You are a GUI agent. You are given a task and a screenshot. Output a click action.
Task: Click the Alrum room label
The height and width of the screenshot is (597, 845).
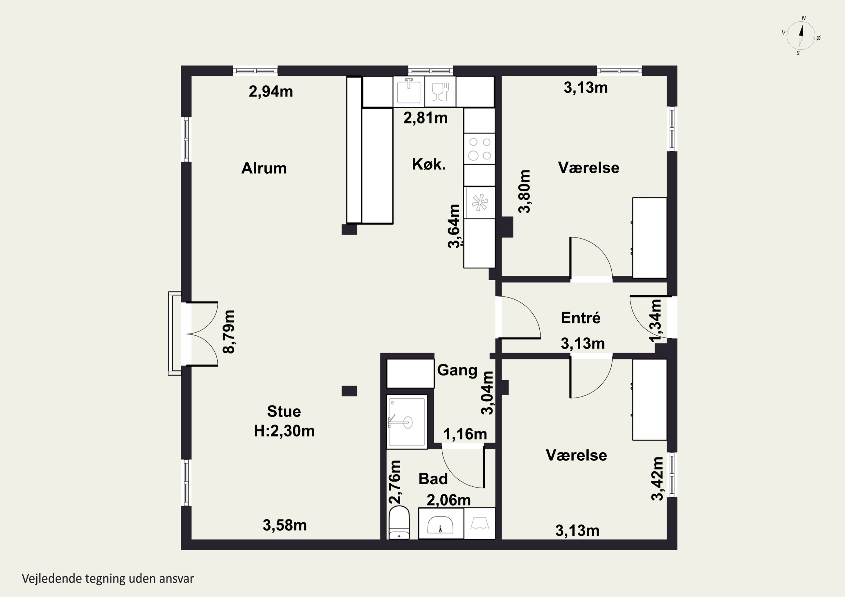(264, 168)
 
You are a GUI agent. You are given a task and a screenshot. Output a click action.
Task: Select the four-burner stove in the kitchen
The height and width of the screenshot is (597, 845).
(479, 149)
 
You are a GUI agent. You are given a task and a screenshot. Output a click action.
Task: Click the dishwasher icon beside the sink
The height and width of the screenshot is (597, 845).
(440, 91)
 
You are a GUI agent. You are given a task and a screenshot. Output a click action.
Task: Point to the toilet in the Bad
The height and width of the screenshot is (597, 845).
(399, 522)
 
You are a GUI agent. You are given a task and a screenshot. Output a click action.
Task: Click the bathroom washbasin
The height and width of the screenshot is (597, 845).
(441, 524)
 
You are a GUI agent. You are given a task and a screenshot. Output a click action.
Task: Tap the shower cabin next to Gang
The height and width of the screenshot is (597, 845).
(407, 422)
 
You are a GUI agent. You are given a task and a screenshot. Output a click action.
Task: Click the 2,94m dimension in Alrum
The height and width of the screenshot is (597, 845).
(271, 91)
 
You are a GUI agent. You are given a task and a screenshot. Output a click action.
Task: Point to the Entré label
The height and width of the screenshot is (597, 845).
(581, 318)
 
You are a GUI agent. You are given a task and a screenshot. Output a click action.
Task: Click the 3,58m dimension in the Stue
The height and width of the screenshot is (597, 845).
(284, 525)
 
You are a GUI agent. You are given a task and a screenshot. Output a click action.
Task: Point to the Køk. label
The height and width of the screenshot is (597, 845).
(429, 164)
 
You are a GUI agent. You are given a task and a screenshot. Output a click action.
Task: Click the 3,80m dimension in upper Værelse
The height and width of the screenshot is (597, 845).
(524, 191)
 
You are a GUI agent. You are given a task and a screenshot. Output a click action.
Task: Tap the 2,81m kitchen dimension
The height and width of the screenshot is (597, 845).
(425, 118)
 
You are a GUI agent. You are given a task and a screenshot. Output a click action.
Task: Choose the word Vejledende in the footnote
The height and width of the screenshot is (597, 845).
(52, 579)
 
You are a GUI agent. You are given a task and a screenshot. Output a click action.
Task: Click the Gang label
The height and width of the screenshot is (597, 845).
(457, 370)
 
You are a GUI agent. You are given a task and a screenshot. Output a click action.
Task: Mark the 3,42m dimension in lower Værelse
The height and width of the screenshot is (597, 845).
(657, 479)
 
